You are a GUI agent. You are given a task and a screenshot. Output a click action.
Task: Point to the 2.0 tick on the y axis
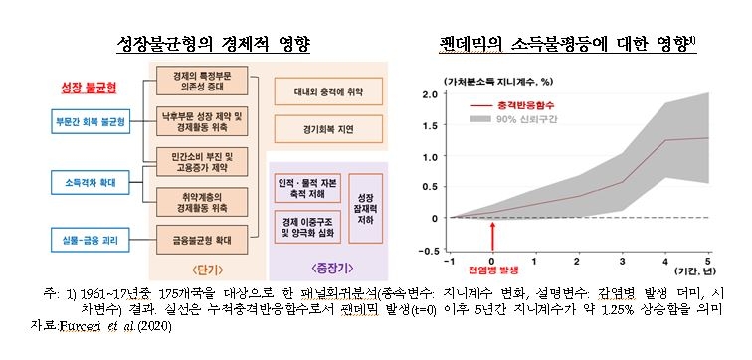click(x=431, y=94)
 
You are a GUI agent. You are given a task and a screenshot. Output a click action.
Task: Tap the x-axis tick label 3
click(x=624, y=262)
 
